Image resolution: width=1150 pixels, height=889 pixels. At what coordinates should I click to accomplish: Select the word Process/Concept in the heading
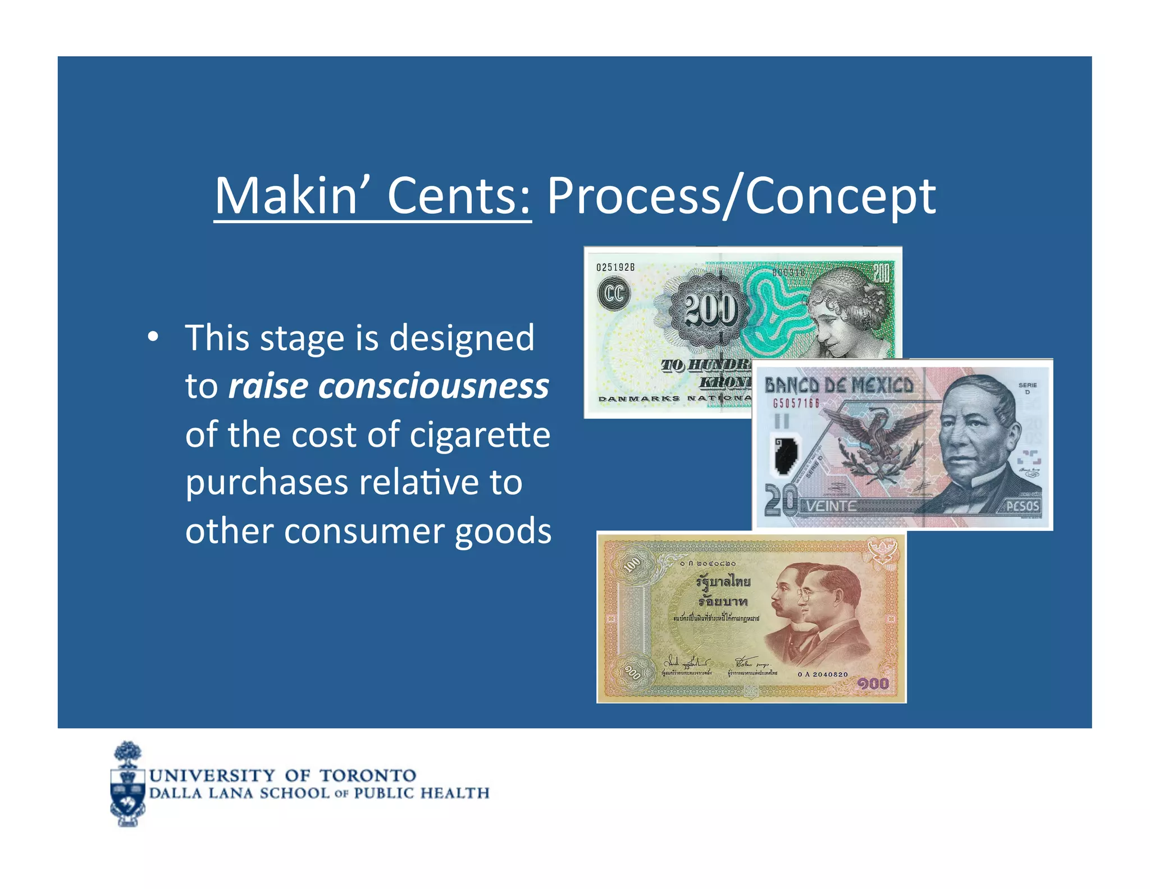[741, 197]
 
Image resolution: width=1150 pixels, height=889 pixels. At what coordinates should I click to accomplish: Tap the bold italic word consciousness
[433, 387]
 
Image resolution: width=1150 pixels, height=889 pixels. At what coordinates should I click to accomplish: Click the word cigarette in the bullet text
[480, 435]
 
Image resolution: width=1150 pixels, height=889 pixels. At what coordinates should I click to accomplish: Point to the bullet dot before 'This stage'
[152, 337]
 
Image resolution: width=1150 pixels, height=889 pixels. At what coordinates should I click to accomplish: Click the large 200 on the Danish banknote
[710, 310]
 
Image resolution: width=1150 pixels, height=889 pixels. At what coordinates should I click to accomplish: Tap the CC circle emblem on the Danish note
[613, 293]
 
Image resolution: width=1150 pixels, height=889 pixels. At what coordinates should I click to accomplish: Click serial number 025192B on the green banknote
[615, 267]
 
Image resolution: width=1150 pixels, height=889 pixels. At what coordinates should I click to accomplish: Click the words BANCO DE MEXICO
[838, 385]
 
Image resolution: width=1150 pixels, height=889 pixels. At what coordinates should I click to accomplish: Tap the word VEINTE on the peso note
[831, 506]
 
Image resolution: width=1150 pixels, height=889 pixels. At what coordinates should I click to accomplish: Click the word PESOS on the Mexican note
[1022, 506]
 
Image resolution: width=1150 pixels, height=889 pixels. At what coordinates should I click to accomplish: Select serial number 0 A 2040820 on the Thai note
[823, 674]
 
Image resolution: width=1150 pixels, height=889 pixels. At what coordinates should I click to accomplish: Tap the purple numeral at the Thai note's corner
[873, 684]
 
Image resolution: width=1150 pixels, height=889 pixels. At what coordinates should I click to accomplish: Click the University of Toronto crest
[128, 784]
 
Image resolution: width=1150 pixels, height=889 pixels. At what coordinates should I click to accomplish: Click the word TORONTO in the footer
[368, 775]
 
